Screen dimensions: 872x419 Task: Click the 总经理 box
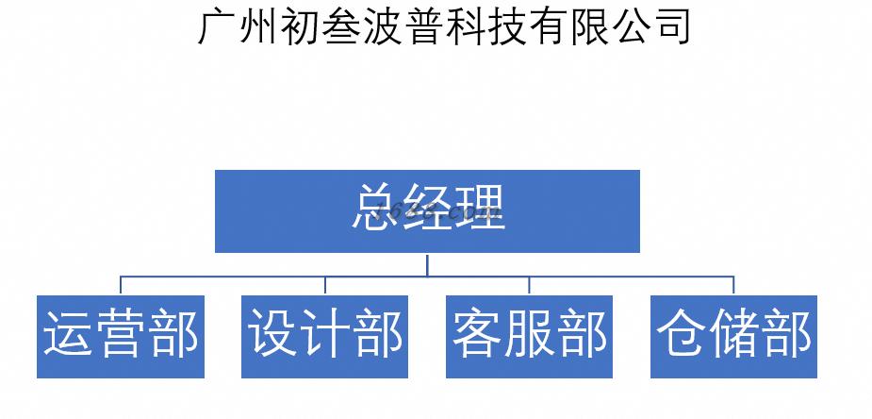tap(427, 210)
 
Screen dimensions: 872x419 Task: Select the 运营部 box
tap(121, 337)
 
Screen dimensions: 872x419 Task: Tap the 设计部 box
tap(325, 337)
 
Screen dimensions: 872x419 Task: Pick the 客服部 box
tap(530, 337)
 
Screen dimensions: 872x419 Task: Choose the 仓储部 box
tap(734, 337)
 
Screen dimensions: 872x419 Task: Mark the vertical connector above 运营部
tap(121, 285)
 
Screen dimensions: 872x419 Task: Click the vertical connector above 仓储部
tap(734, 285)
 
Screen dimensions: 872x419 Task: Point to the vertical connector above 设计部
tap(325, 285)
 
